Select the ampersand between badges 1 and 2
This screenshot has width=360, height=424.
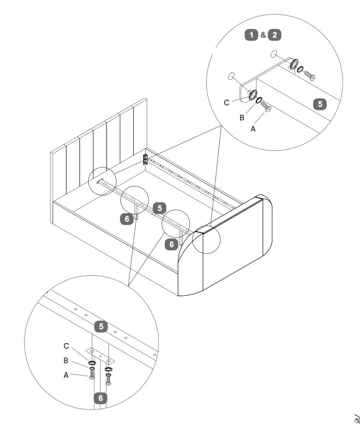[263, 35]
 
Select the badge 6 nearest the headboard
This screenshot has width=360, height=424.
[127, 219]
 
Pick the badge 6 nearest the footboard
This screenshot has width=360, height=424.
[172, 244]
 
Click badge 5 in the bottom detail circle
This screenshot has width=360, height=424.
[101, 326]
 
